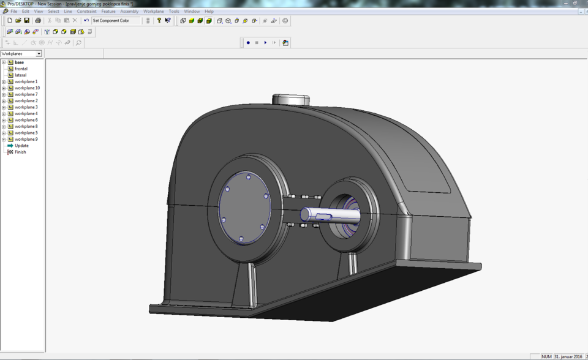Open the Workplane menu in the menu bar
pos(153,11)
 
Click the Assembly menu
pos(129,11)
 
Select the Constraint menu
pos(86,11)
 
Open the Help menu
pos(209,11)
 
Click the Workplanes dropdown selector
pos(21,54)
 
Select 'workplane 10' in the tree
pos(27,88)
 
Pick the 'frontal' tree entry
pos(21,69)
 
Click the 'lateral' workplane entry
pos(21,75)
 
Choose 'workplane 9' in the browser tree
pos(26,139)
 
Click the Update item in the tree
pos(21,146)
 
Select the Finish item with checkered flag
pos(20,152)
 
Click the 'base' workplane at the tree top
pos(20,62)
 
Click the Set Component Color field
pos(115,21)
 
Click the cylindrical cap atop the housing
pos(291,99)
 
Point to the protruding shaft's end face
pos(305,215)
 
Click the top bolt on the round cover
pos(248,177)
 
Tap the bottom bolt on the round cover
pos(241,238)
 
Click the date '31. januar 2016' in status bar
pos(568,356)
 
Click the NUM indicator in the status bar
pos(546,356)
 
